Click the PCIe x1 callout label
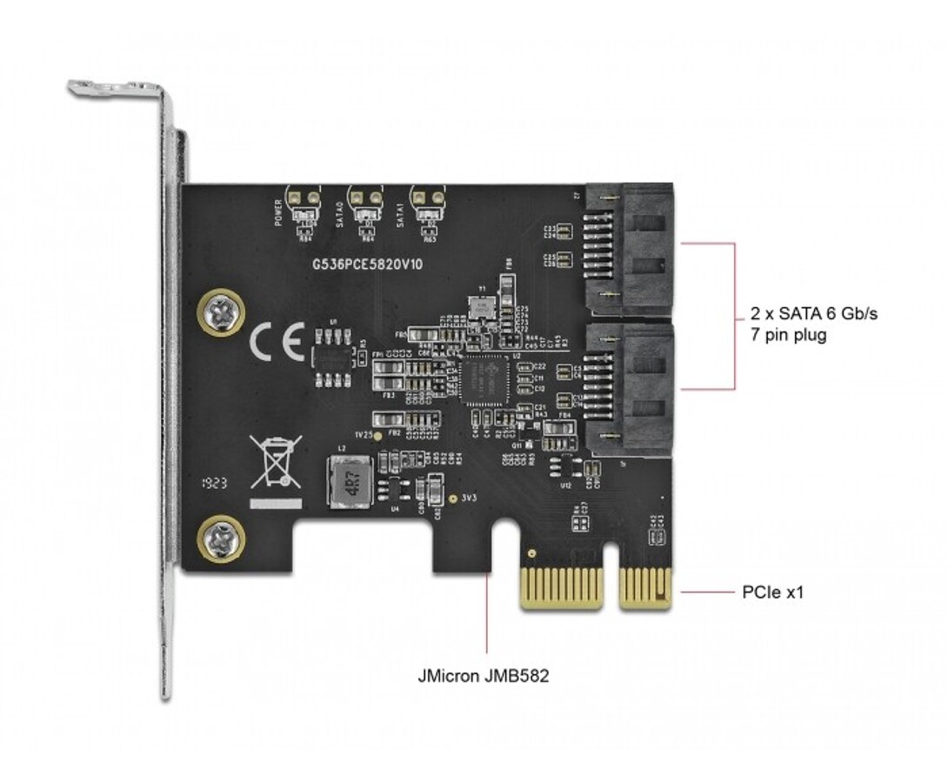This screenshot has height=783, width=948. click(773, 592)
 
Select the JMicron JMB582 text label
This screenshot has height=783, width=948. click(483, 675)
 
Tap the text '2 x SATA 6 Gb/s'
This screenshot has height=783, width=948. click(813, 314)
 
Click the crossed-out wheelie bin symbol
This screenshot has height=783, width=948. click(275, 462)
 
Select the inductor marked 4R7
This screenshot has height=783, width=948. click(346, 481)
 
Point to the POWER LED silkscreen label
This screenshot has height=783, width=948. click(278, 212)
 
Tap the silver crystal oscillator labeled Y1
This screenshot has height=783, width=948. click(478, 305)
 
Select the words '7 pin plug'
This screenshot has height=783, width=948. click(788, 335)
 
